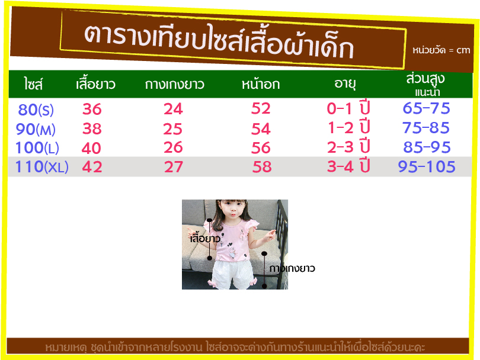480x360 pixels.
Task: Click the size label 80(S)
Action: [36, 110]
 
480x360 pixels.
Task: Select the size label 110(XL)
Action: [41, 167]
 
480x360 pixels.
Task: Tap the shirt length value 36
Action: [92, 109]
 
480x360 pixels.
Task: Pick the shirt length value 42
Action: [92, 167]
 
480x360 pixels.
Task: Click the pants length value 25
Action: [172, 128]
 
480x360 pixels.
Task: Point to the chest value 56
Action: [261, 148]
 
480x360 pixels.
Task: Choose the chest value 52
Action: [261, 108]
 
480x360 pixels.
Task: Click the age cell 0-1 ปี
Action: [348, 108]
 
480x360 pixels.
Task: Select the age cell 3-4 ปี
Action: [348, 166]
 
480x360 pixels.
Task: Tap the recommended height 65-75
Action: [427, 108]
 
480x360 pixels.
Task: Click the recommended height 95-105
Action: [427, 167]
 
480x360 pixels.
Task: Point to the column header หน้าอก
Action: [261, 83]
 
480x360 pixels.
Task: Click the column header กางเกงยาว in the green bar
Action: [174, 85]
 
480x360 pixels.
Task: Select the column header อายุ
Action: [345, 83]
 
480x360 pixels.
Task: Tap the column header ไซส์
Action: [33, 83]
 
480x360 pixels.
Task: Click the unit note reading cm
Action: [463, 50]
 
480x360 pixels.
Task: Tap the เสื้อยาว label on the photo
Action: [205, 238]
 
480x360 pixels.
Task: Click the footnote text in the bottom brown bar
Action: [235, 348]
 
